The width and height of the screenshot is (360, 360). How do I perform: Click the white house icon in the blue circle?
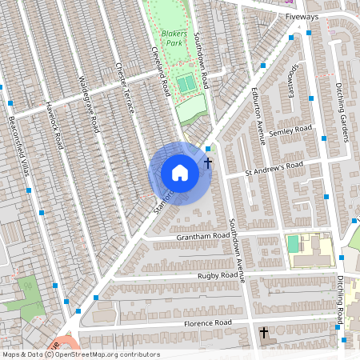[x=180, y=172]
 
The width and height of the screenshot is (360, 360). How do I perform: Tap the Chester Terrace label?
[x=126, y=86]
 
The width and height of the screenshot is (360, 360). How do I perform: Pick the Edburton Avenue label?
[x=258, y=114]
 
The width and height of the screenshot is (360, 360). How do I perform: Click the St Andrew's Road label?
[x=274, y=168]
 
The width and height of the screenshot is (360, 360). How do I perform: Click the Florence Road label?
[x=206, y=322]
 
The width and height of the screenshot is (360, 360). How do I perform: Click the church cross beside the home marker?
[x=208, y=163]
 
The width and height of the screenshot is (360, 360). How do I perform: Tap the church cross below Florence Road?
[x=263, y=332]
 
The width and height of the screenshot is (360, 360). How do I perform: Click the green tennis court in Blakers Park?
[x=186, y=82]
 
